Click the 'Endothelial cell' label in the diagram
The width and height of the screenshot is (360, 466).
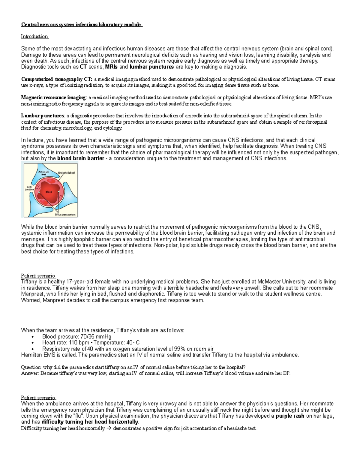tap(67, 173)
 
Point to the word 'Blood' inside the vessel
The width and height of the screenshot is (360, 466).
tap(49, 192)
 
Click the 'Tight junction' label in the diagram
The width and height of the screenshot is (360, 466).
tap(29, 188)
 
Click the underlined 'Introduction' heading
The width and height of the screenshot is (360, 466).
tap(34, 37)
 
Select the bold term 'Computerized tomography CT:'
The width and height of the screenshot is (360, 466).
tap(56, 79)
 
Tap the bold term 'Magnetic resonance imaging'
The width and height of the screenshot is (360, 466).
tap(53, 98)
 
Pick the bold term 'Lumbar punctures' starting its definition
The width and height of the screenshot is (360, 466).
tap(43, 116)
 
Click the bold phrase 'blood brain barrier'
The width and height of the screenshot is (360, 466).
tap(80, 158)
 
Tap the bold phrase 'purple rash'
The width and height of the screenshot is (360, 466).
tap(290, 416)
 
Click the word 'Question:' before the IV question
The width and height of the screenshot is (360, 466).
tap(31, 367)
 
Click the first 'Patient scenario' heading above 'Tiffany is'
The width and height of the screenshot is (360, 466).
tap(38, 276)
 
